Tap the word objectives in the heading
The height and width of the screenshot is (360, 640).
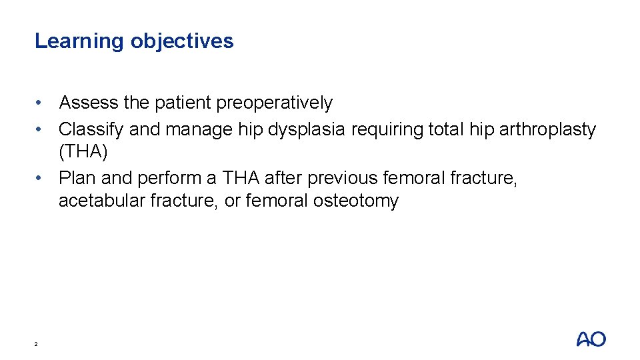click(x=182, y=41)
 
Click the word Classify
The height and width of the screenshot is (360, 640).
click(x=91, y=129)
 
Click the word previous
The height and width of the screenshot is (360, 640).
click(x=344, y=178)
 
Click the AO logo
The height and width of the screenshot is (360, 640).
click(x=591, y=339)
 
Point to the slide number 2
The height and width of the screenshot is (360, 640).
click(x=36, y=344)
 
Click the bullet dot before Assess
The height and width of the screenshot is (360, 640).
click(x=41, y=103)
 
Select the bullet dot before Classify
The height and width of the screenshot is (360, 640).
click(x=41, y=129)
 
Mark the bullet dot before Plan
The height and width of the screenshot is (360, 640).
click(x=41, y=179)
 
